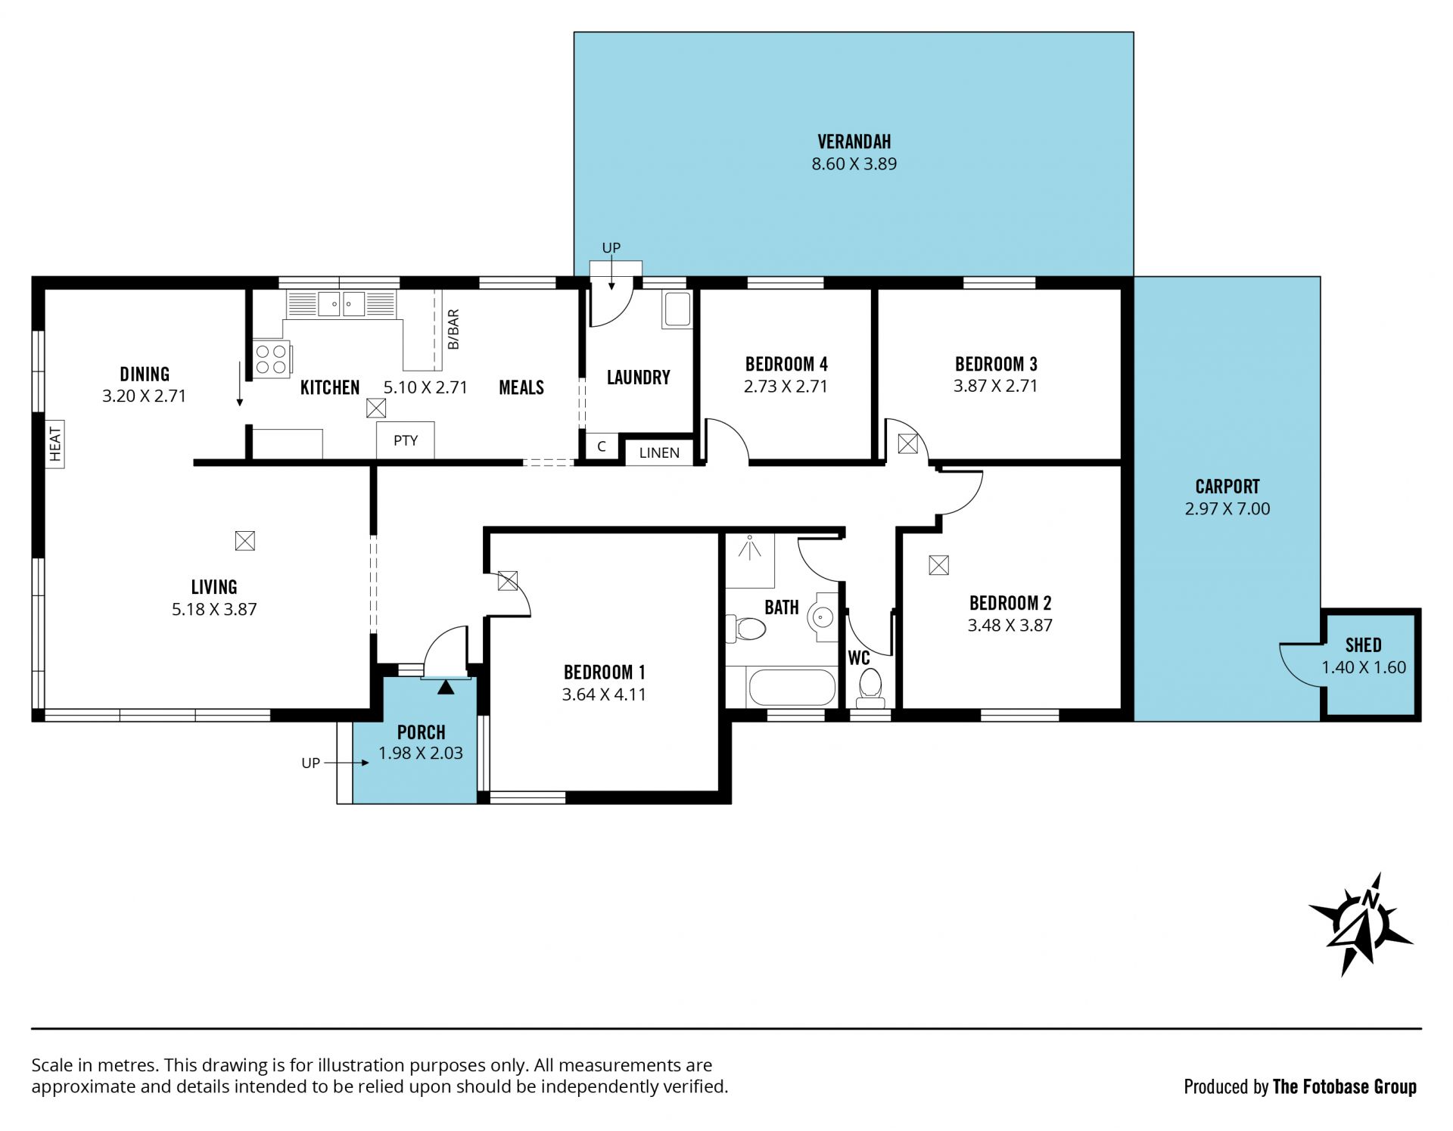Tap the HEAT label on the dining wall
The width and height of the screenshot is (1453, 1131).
[x=54, y=444]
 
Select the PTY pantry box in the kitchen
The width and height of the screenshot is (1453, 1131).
[x=406, y=440]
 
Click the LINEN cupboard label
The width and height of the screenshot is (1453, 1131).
[x=659, y=452]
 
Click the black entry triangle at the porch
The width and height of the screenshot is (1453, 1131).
[x=446, y=687]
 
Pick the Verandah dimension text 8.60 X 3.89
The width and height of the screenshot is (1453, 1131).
[x=854, y=163]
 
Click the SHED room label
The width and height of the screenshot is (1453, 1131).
[x=1364, y=645]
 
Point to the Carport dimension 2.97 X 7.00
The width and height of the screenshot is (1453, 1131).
[x=1227, y=508]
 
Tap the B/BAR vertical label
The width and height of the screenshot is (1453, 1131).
[x=453, y=329]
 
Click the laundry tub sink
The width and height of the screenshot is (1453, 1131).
[x=676, y=309]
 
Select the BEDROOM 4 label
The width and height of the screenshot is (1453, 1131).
[x=786, y=364]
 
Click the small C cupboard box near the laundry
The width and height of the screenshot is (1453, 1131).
[x=602, y=446]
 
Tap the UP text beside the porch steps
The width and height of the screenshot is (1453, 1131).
[x=311, y=763]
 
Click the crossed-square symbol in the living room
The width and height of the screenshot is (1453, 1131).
[x=244, y=541]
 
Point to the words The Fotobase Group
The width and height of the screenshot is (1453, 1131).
[x=1345, y=1087]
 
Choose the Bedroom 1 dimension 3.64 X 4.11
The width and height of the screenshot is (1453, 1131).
[x=604, y=694]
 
